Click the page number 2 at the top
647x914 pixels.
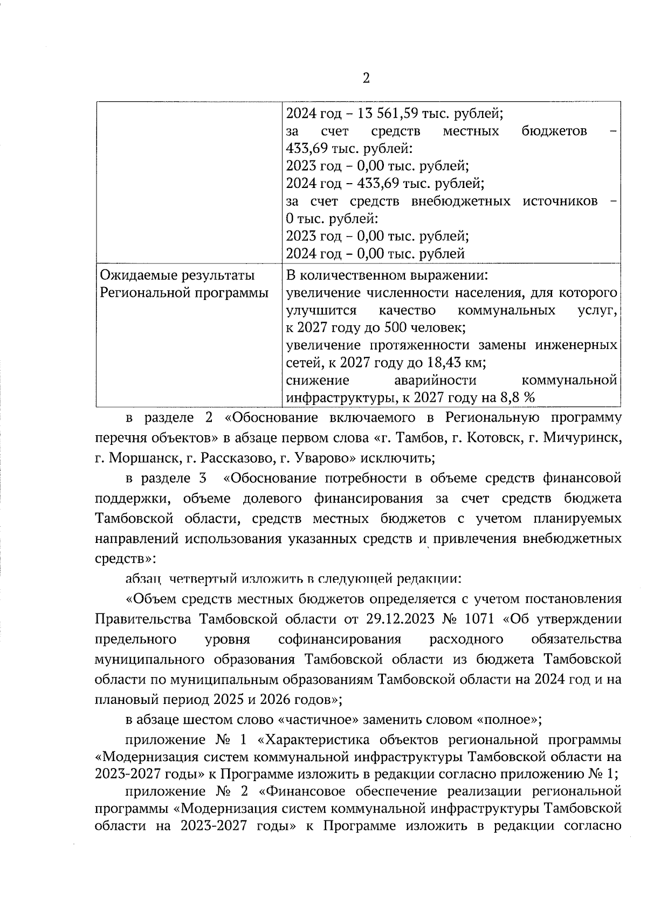[366, 79]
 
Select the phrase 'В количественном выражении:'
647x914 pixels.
[387, 276]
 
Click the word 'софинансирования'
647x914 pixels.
[340, 639]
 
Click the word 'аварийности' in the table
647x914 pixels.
[435, 380]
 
